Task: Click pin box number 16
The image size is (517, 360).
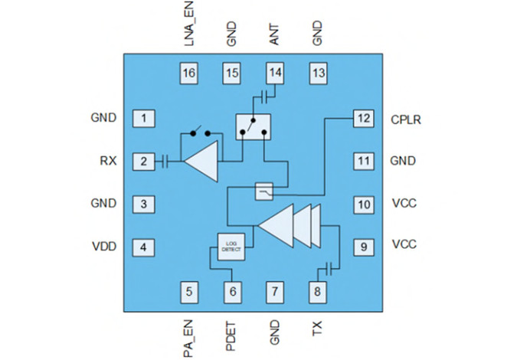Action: point(189,73)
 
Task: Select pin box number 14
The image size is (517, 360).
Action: point(275,73)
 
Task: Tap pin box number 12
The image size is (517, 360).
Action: point(362,119)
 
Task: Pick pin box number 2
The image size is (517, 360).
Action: point(143,162)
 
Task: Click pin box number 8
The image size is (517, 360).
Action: point(317,291)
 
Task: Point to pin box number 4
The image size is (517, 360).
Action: point(143,247)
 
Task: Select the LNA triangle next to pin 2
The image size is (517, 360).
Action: point(201,162)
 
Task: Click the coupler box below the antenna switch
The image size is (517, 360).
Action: point(263,191)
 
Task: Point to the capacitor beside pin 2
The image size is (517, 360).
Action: point(164,162)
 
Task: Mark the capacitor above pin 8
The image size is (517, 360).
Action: point(328,267)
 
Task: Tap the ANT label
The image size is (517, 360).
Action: point(275,34)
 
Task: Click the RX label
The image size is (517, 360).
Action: point(107,162)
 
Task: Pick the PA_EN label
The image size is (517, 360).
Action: point(188,336)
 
